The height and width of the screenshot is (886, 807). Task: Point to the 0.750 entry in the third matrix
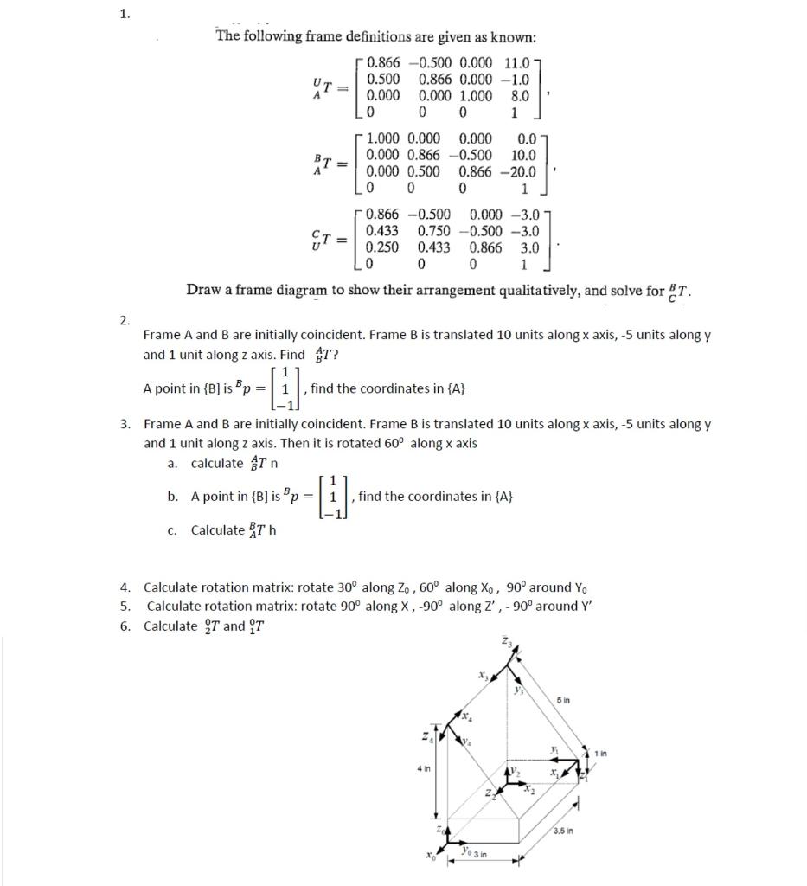[434, 231]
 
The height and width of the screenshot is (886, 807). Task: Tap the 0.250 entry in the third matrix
[382, 247]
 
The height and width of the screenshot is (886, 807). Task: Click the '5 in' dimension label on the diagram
[563, 701]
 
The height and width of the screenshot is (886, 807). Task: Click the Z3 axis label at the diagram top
[506, 641]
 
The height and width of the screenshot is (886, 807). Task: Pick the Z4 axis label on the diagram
[425, 736]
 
